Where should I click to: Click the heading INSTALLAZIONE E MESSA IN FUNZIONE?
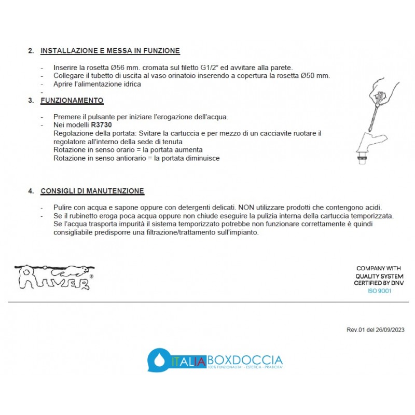110,51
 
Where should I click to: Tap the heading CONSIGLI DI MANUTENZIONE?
92,191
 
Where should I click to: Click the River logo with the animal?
54,276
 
